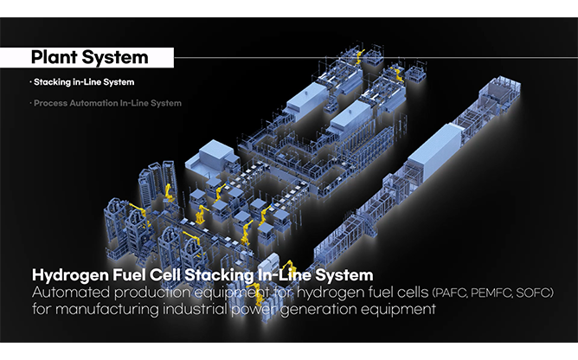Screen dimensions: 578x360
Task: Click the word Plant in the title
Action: point(54,57)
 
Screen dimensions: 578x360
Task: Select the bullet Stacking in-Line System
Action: point(82,82)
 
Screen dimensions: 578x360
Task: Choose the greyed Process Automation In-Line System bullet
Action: point(106,103)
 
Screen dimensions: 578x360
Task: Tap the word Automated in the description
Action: point(71,292)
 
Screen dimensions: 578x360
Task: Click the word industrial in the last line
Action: point(195,309)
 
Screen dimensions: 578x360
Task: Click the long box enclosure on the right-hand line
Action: point(435,152)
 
